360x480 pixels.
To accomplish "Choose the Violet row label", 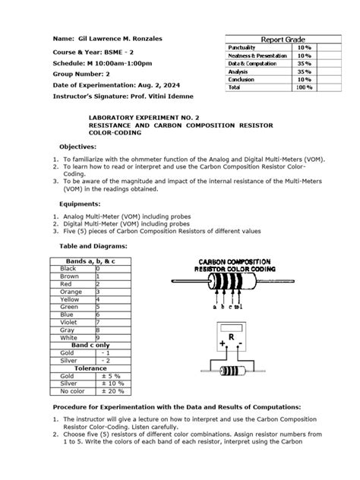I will point(71,321).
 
